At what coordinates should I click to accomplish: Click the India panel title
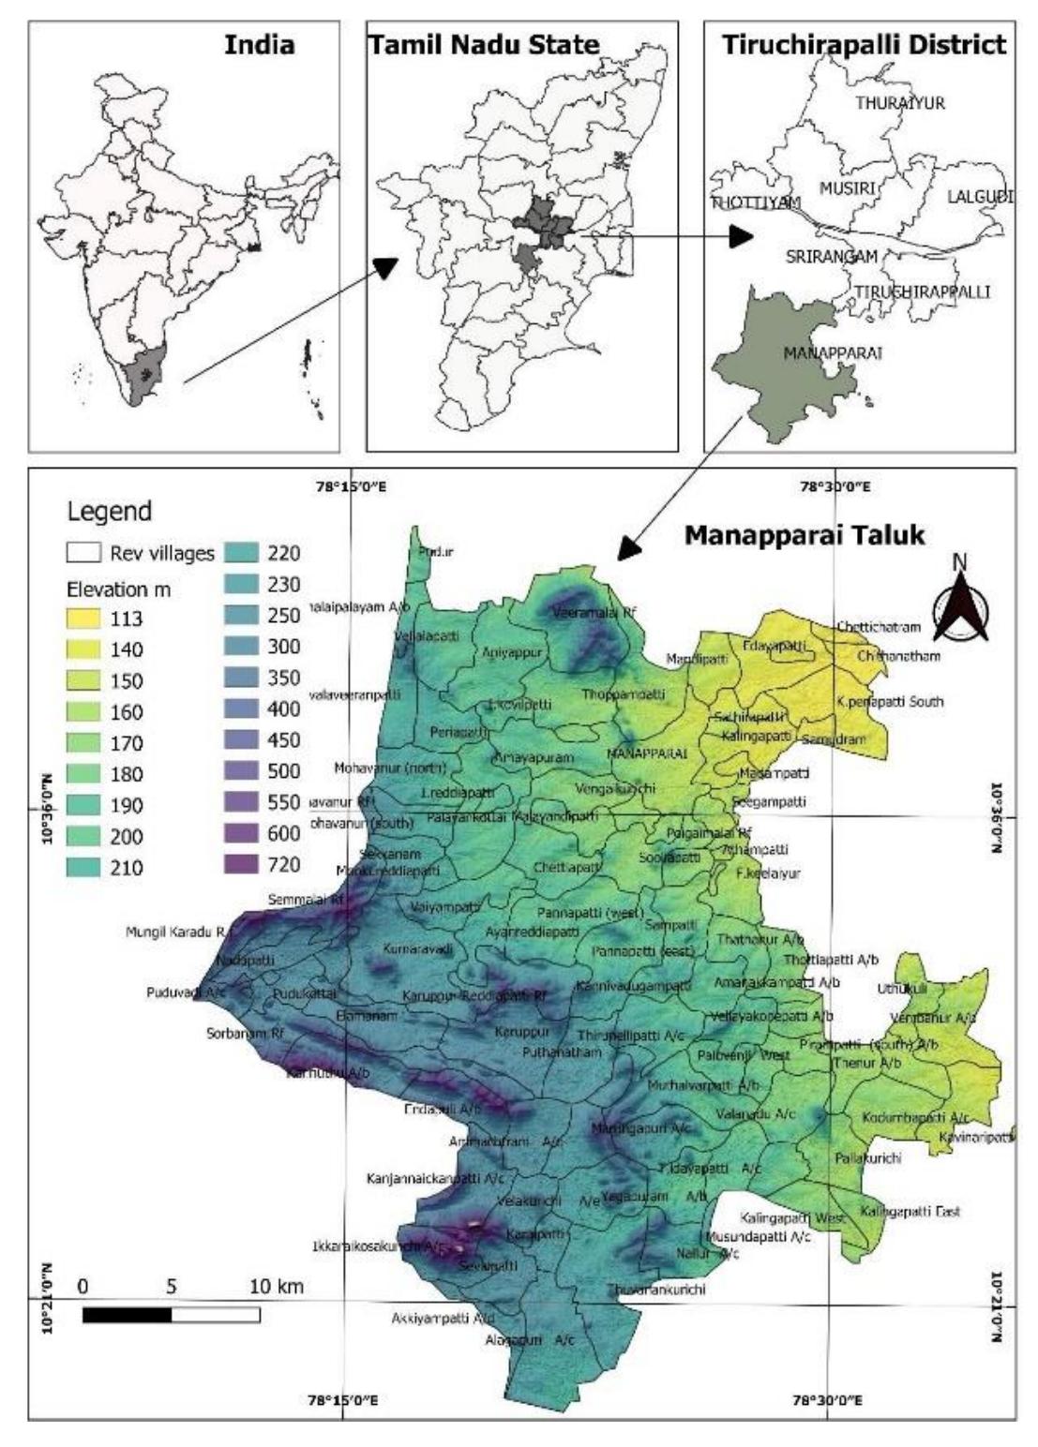259,44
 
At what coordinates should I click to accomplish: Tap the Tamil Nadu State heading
484,44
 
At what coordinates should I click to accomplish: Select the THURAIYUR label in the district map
900,103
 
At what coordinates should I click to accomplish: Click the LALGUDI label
980,197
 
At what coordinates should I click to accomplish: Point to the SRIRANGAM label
832,256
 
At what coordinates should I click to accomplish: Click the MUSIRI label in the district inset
848,188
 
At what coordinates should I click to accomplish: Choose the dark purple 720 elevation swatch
243,864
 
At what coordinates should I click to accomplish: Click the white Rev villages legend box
83,553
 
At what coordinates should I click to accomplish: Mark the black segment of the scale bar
127,1315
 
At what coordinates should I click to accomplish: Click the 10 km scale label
276,1287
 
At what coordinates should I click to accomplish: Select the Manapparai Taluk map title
804,535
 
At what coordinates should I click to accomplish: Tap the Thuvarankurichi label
655,1290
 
